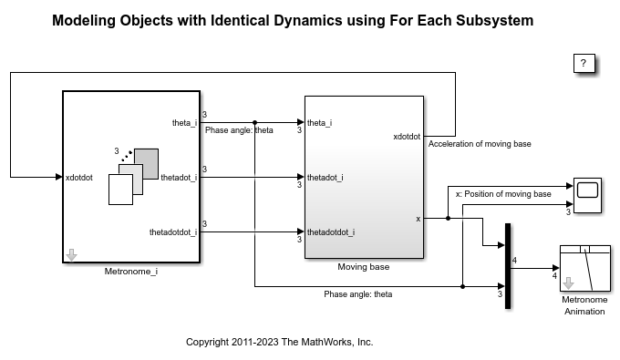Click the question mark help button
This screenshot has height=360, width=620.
[x=584, y=63]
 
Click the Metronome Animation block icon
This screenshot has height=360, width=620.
[x=584, y=268]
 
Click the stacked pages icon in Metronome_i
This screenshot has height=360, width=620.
[x=133, y=176]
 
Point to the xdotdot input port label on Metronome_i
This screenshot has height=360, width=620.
[x=79, y=178]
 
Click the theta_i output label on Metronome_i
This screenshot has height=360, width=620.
[x=184, y=122]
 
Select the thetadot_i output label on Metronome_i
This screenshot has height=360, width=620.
[x=179, y=178]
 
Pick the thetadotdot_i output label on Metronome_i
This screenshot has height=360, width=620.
[x=173, y=232]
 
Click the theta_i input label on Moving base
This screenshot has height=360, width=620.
[x=320, y=122]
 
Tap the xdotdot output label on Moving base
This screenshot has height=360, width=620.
[x=407, y=137]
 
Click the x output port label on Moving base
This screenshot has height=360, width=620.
[x=418, y=219]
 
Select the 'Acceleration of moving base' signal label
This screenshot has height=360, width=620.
[x=480, y=144]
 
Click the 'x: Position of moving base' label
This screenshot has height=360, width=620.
[x=502, y=194]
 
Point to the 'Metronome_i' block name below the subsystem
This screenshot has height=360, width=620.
[x=131, y=271]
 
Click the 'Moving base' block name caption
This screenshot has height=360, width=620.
[x=363, y=267]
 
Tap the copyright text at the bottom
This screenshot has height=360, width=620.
[x=280, y=343]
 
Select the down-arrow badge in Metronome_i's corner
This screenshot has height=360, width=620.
[x=71, y=255]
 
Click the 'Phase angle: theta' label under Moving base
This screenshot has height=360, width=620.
[x=357, y=294]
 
